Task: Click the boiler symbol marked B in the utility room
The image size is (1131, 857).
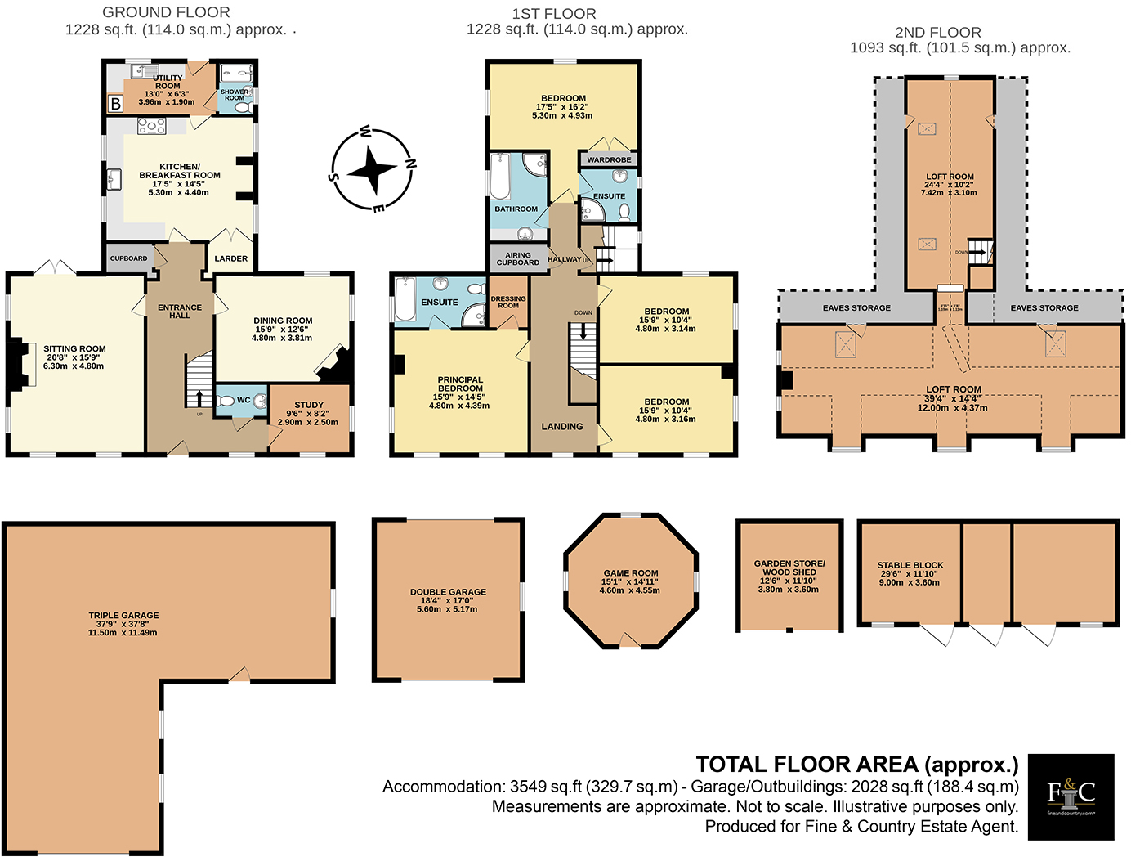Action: (x=116, y=104)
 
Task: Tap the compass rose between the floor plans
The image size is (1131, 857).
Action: (x=373, y=171)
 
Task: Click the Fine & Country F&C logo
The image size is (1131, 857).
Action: (x=1071, y=796)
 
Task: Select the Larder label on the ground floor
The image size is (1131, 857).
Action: (x=230, y=258)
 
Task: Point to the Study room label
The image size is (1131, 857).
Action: (x=309, y=405)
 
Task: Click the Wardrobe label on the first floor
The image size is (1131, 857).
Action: (x=609, y=159)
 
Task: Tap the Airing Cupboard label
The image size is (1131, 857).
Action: (x=518, y=258)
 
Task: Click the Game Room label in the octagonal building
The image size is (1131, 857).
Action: (x=631, y=573)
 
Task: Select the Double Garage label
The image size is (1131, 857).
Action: (x=448, y=592)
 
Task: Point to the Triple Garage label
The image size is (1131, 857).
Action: (x=123, y=616)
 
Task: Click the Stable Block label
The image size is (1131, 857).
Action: (x=910, y=565)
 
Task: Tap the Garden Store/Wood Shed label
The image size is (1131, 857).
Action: (x=789, y=568)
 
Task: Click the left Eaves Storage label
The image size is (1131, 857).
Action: (x=856, y=308)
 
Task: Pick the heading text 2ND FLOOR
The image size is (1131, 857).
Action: (x=937, y=33)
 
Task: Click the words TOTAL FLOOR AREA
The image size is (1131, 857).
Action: (x=807, y=765)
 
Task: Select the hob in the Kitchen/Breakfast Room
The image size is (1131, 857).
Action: (x=152, y=126)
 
